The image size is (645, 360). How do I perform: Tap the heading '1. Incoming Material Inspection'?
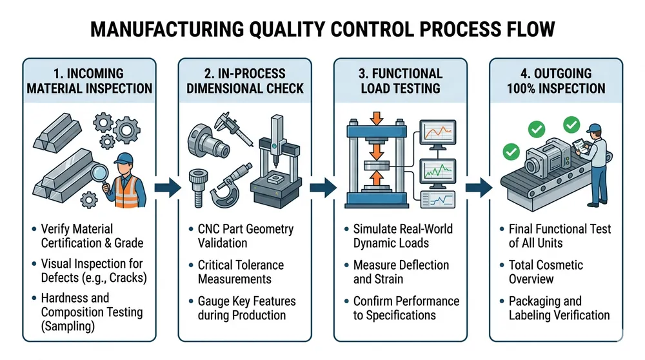pos(89,81)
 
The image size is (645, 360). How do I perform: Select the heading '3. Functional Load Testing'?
pos(399,81)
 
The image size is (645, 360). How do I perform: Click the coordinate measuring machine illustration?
pos(275,165)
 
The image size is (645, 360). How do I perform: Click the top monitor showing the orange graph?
pos(438,135)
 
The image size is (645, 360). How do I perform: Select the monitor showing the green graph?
pos(438,171)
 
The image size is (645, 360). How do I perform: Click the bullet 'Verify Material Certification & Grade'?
pos(92,235)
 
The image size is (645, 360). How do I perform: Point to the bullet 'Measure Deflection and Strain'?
pos(401,272)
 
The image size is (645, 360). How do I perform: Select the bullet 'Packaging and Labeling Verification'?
pos(559,308)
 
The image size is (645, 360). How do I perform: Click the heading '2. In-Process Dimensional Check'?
pos(244,81)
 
